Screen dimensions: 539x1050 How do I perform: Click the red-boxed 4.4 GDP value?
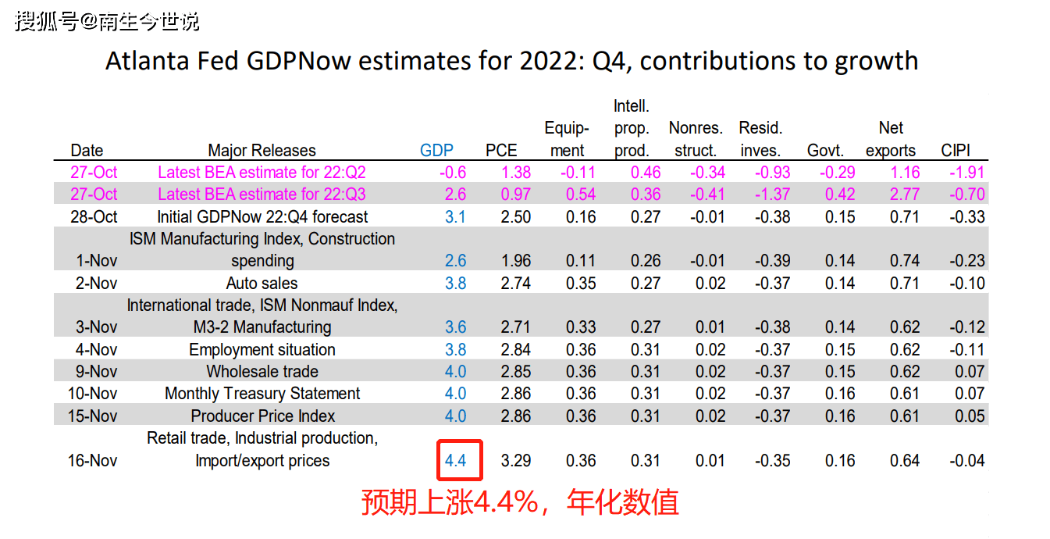pos(456,461)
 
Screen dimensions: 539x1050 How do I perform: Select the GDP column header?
pos(436,151)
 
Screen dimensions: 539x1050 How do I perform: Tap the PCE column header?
pos(501,151)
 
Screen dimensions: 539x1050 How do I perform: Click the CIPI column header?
pos(956,151)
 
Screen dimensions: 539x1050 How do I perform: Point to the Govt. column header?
pos(826,151)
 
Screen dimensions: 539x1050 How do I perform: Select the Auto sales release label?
pos(262,284)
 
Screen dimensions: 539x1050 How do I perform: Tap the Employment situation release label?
pos(262,350)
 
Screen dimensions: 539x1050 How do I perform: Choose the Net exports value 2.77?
pos(904,195)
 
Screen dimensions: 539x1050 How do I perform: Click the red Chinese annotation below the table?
pos(519,502)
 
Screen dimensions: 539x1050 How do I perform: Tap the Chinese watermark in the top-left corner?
pos(107,21)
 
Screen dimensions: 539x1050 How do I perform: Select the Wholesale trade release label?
pos(262,372)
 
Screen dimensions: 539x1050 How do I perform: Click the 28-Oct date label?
pos(94,217)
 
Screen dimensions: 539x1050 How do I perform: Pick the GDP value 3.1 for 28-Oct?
pos(455,217)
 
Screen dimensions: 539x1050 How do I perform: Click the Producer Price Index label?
pos(263,416)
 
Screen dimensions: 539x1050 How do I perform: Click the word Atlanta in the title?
pos(146,61)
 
